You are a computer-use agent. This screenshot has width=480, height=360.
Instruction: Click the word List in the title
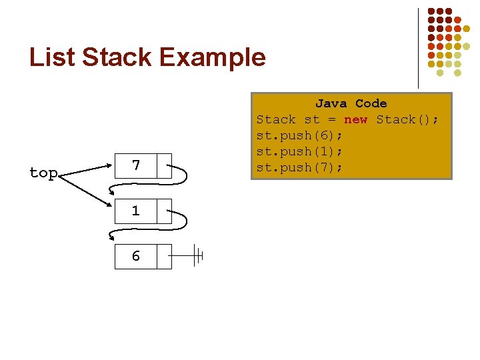[52, 57]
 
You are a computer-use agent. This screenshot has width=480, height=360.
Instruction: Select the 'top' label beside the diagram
[43, 173]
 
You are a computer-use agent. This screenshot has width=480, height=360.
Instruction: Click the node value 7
[136, 165]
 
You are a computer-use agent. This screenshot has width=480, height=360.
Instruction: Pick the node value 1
[136, 211]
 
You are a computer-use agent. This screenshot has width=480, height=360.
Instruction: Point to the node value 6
[136, 256]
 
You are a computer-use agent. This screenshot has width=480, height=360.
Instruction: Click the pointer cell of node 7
[164, 166]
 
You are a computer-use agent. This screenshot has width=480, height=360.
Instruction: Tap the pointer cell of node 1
[164, 211]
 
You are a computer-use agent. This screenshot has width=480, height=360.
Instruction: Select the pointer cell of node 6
[164, 256]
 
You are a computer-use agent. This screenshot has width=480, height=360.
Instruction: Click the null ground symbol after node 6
[197, 256]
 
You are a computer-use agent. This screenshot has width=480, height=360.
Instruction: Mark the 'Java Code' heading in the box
[351, 103]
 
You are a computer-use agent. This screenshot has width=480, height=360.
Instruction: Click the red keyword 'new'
[355, 119]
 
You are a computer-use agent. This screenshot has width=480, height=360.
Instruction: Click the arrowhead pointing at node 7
[111, 161]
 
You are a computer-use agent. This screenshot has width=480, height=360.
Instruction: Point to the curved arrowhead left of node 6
[111, 235]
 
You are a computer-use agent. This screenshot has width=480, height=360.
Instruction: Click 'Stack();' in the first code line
[407, 119]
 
